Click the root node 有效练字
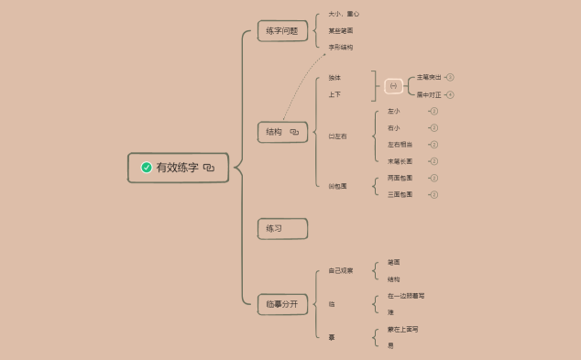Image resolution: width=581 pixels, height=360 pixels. [x=177, y=168]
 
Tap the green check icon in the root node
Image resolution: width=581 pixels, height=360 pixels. [x=147, y=168]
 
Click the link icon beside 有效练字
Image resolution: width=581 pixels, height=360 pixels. [x=209, y=168]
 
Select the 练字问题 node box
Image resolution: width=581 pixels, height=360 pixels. [x=282, y=31]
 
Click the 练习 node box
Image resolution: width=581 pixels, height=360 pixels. [x=282, y=228]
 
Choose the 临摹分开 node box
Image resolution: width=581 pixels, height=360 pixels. [x=282, y=304]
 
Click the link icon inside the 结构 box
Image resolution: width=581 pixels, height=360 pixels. [x=294, y=132]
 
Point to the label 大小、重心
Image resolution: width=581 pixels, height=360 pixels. [x=344, y=15]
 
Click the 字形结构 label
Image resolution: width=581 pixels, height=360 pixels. [x=341, y=47]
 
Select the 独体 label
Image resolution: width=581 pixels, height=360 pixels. [x=334, y=78]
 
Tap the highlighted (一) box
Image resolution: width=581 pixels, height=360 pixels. [x=393, y=86]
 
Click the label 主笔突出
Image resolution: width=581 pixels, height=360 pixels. [x=429, y=78]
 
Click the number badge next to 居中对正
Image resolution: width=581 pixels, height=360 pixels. [x=451, y=94]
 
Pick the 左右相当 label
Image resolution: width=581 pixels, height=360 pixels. [x=400, y=145]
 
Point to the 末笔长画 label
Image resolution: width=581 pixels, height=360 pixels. [x=400, y=161]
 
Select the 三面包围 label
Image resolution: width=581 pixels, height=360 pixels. [x=400, y=194]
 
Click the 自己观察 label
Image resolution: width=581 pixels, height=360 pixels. [x=341, y=270]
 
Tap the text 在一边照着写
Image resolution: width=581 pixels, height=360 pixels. [x=406, y=296]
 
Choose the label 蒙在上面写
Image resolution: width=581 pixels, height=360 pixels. [x=403, y=329]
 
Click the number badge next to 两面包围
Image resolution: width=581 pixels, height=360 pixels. [x=434, y=178]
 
